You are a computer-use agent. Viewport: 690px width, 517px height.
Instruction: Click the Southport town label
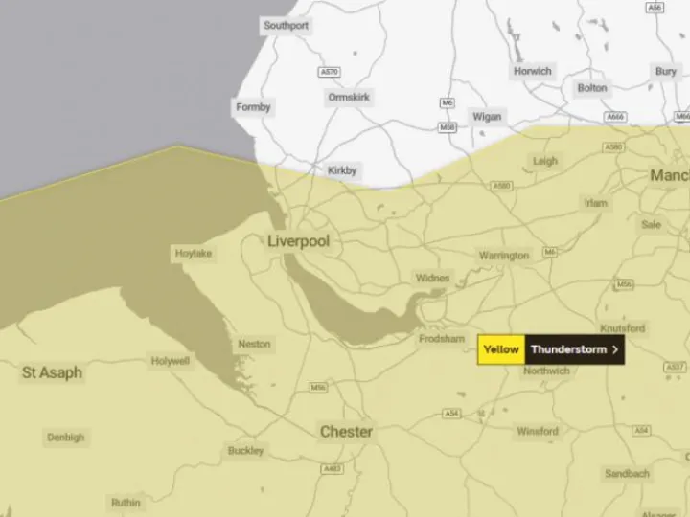click(x=286, y=26)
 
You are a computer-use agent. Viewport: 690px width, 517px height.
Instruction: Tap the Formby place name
click(x=253, y=108)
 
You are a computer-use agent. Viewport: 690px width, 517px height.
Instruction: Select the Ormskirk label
click(x=349, y=98)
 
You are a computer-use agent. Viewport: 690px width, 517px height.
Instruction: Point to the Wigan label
click(x=486, y=117)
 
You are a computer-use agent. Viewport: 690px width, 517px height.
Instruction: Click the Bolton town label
click(x=591, y=88)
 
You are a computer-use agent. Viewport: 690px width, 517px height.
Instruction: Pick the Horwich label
click(x=532, y=71)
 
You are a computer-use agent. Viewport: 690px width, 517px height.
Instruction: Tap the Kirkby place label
click(x=342, y=170)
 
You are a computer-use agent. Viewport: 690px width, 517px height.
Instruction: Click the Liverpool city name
click(x=298, y=241)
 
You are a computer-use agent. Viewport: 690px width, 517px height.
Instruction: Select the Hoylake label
click(x=194, y=254)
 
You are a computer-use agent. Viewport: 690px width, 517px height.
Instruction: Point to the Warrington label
click(x=504, y=256)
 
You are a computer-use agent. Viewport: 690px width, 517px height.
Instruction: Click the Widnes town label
click(x=432, y=278)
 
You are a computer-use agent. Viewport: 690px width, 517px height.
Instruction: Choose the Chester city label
click(x=346, y=432)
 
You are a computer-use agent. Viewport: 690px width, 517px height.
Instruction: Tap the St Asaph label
click(x=52, y=372)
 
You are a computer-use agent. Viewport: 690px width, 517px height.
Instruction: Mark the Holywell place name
click(x=171, y=361)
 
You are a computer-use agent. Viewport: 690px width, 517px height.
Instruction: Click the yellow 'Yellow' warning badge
click(x=501, y=349)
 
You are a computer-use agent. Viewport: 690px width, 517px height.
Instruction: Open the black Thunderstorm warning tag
click(x=569, y=349)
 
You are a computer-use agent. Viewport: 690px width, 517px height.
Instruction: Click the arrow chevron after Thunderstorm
click(x=614, y=349)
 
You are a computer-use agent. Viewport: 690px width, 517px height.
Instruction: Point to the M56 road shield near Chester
click(x=318, y=388)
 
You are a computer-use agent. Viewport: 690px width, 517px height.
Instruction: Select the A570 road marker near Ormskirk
click(x=329, y=72)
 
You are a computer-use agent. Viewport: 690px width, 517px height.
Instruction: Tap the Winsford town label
click(x=538, y=432)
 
